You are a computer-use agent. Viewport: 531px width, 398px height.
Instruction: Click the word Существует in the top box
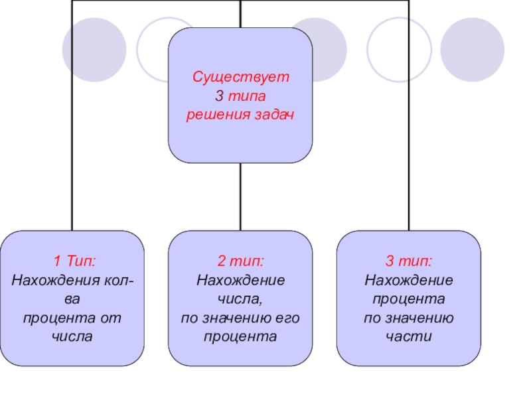click(x=241, y=77)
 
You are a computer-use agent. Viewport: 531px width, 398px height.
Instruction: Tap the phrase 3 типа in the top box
click(x=241, y=96)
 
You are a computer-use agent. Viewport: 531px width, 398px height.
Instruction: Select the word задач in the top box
click(x=273, y=115)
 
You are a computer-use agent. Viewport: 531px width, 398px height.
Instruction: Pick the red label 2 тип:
click(x=241, y=259)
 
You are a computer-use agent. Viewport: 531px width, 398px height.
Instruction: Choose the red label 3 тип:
click(x=409, y=259)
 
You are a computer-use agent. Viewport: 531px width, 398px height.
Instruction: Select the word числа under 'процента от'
click(x=73, y=337)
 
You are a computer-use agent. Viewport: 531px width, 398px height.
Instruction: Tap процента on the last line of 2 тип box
click(x=241, y=337)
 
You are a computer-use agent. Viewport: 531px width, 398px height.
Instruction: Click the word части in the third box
click(x=409, y=337)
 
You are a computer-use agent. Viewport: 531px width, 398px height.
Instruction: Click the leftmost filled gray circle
click(x=94, y=48)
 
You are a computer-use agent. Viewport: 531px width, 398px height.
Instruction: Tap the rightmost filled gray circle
click(x=472, y=48)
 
